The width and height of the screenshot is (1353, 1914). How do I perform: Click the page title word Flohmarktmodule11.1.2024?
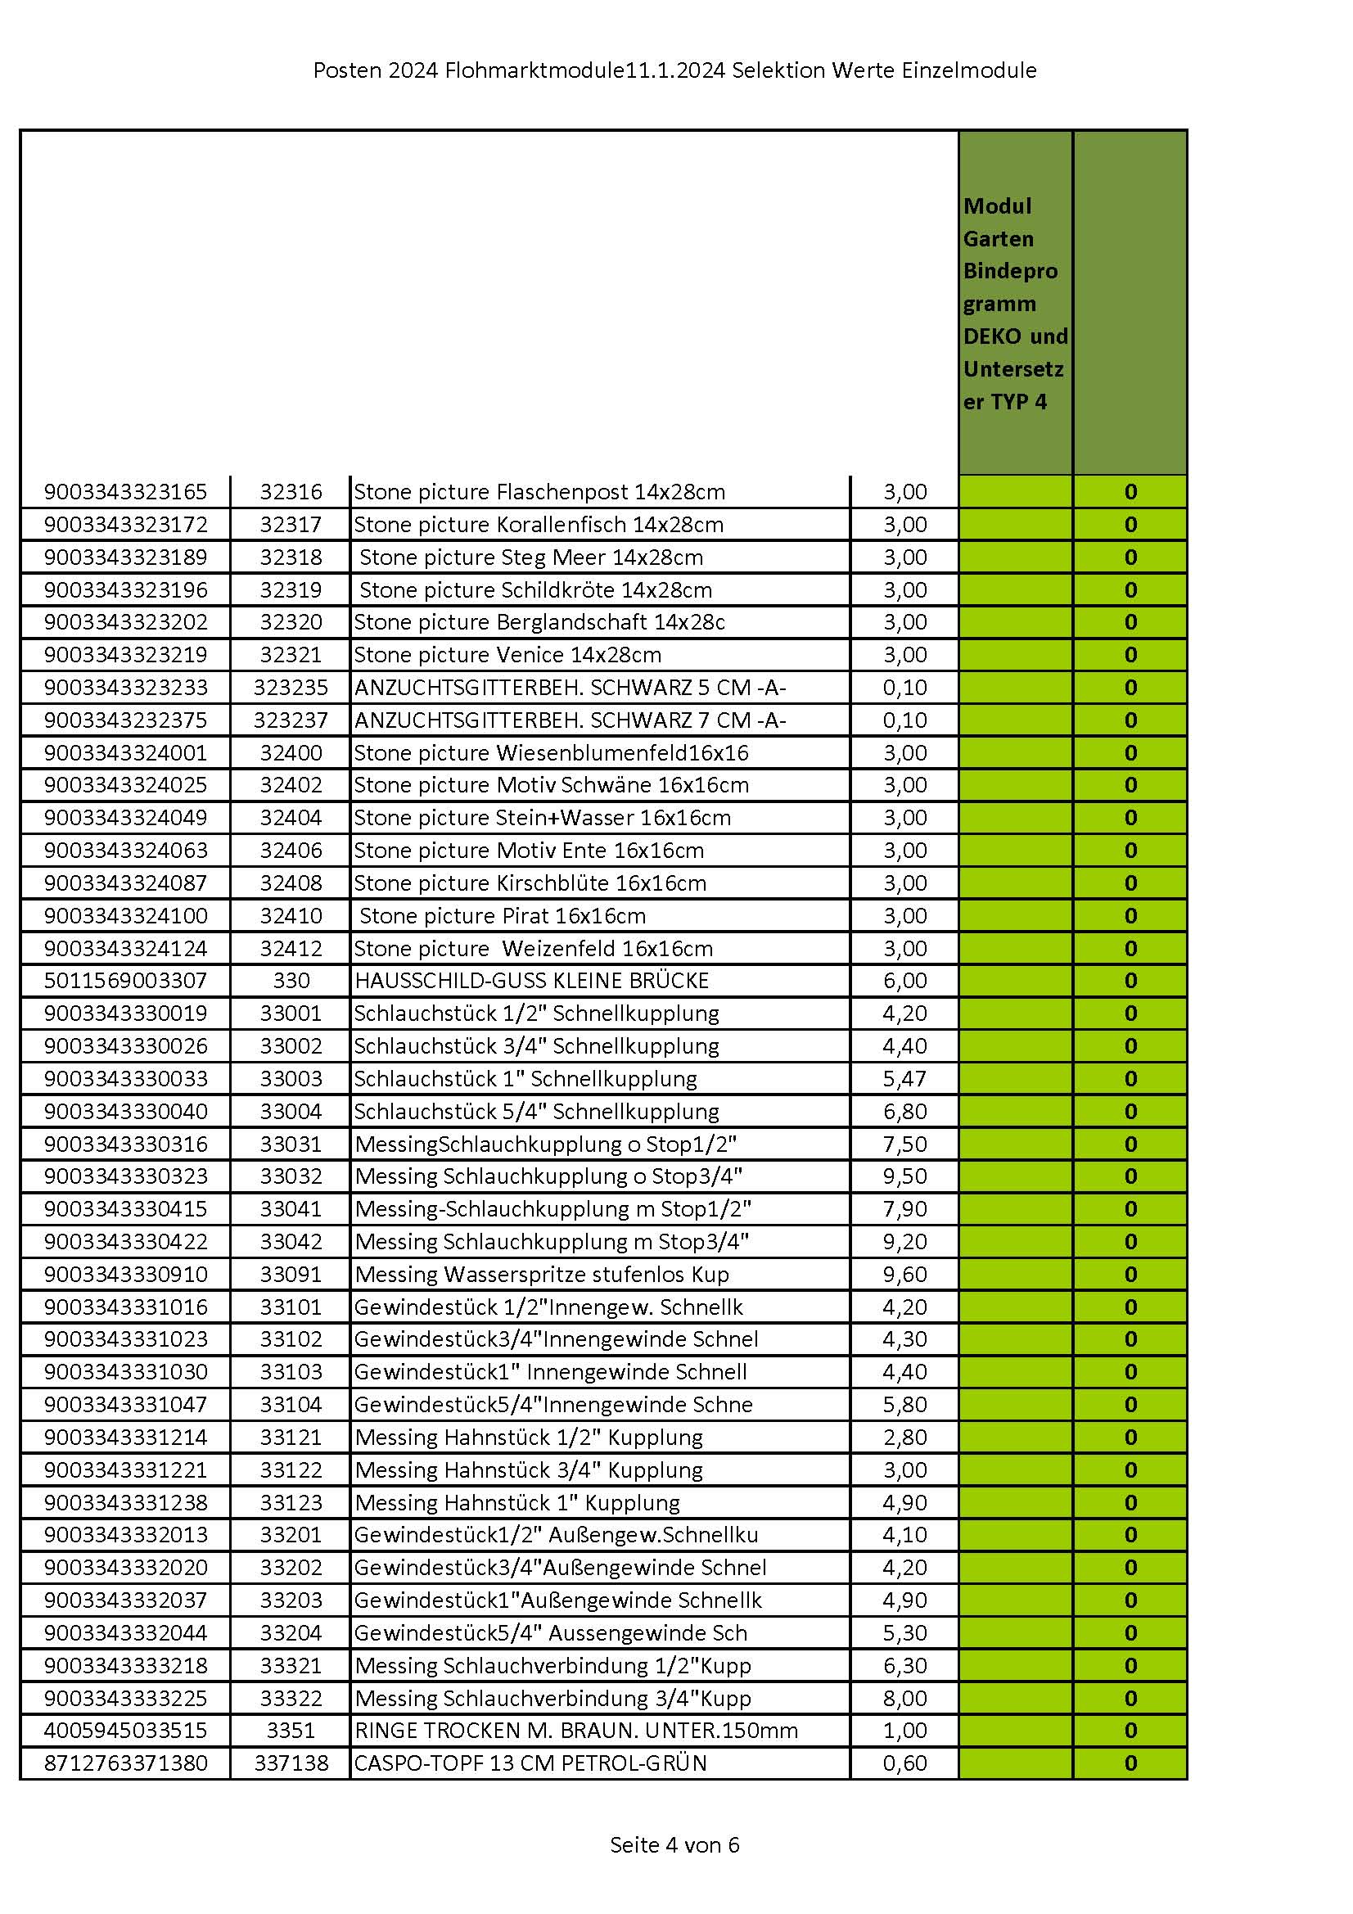click(x=584, y=70)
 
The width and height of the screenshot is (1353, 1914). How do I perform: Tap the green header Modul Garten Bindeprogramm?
click(x=1014, y=303)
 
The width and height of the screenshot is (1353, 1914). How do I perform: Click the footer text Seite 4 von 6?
click(x=674, y=1844)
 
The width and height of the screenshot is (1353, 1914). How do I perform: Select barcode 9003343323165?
click(x=125, y=492)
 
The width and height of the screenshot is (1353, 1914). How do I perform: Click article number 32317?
click(x=290, y=525)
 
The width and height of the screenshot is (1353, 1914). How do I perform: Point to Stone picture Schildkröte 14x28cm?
click(x=535, y=590)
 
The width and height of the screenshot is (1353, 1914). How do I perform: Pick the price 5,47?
click(x=904, y=1079)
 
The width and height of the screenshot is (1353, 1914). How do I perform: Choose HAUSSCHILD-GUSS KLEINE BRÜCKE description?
click(x=531, y=981)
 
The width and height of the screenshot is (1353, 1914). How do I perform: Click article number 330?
click(x=290, y=981)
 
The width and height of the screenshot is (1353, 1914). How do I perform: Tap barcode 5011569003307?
click(x=125, y=981)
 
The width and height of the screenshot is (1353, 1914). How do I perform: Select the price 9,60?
click(x=904, y=1274)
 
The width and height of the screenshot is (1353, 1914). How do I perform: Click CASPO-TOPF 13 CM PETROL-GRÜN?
click(x=530, y=1763)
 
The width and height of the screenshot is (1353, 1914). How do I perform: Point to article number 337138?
click(x=290, y=1763)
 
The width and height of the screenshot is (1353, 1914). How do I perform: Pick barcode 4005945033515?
click(x=125, y=1731)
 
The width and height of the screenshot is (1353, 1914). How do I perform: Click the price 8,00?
click(x=904, y=1698)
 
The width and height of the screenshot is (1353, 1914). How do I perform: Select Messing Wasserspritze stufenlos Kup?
click(x=542, y=1274)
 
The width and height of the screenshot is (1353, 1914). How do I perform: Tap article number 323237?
click(x=290, y=720)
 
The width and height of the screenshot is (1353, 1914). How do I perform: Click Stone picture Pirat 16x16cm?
click(x=502, y=916)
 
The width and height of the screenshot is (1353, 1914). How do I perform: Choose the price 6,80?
click(x=904, y=1111)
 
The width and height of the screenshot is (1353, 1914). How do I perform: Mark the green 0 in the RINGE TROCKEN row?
click(x=1130, y=1731)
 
